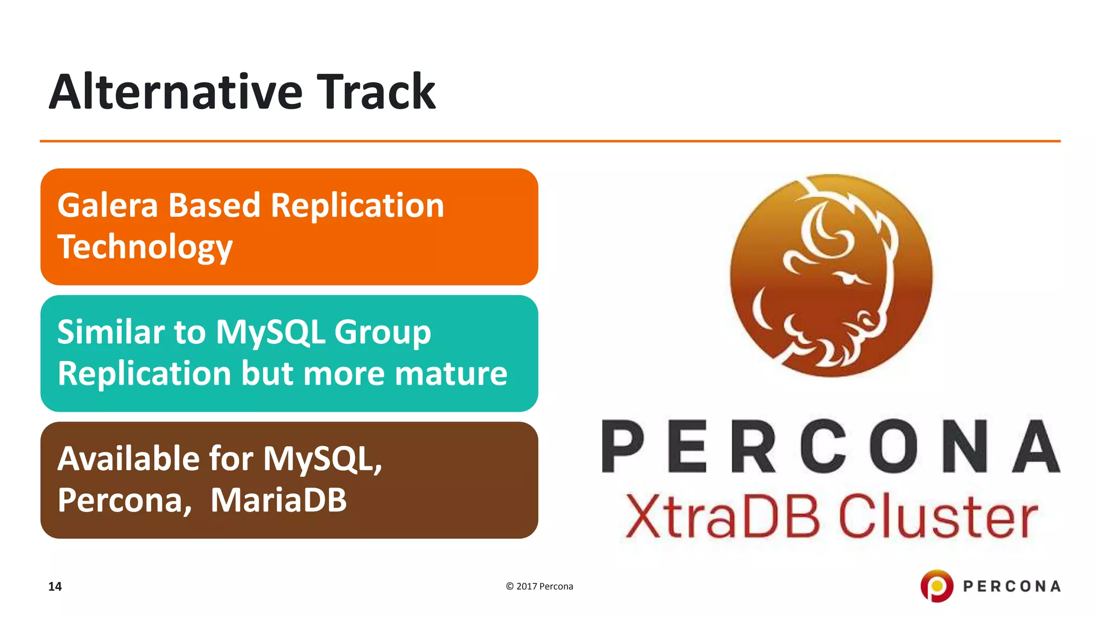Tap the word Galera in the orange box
pos(107,206)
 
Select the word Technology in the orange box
pos(145,247)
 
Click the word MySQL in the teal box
pos(271,333)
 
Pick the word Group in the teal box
pos(382,333)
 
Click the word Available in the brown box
pos(129,459)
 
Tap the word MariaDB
pos(279,500)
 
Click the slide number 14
pos(55,586)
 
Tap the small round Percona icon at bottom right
pos(936,586)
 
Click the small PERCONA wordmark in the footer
pos(1011,586)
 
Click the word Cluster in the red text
pos(937,516)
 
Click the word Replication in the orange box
pos(357,206)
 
